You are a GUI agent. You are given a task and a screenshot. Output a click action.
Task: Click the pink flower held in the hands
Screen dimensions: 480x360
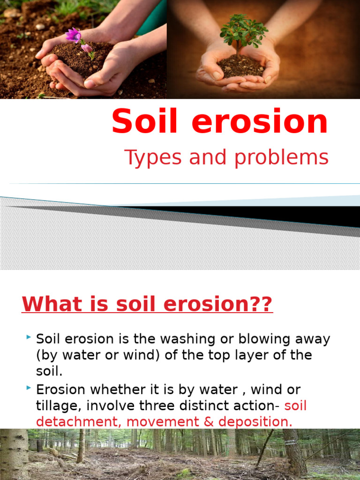click(74, 36)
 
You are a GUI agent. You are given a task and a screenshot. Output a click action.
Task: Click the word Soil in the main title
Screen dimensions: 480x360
click(143, 121)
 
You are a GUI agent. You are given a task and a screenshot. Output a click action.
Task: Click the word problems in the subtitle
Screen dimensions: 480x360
click(281, 158)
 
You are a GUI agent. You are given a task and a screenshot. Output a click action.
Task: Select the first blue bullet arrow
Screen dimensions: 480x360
click(29, 337)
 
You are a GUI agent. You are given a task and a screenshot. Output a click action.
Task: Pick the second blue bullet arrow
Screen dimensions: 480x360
click(29, 388)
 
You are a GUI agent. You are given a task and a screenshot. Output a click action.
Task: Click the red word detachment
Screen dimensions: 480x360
click(79, 422)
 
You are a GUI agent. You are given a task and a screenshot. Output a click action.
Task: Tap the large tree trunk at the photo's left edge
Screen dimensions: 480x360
click(14, 455)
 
